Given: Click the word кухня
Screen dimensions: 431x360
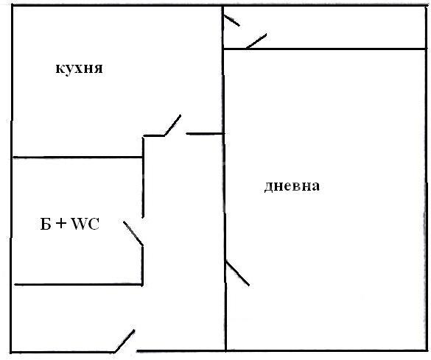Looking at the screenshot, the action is pos(79,68).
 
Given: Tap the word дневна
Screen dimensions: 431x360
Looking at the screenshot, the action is pos(292,186).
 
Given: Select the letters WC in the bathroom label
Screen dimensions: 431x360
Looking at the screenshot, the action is pos(85,224).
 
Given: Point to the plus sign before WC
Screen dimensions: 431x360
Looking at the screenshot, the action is pos(61,224).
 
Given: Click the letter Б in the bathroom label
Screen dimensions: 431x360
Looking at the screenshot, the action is pos(46,224).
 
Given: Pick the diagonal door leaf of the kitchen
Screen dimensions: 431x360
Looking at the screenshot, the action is pos(172,125).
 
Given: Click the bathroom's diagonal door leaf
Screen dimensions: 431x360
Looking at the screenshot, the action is pos(133,233).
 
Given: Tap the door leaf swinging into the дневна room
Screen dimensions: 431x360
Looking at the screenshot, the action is pos(237,274).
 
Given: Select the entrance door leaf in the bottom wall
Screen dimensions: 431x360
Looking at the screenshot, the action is pos(125,341).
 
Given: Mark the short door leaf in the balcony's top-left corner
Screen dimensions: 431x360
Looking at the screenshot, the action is pos(232,21).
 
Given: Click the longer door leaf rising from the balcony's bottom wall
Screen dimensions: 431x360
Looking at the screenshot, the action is pos(256,41).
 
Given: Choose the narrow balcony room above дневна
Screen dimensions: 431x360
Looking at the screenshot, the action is pos(324,27).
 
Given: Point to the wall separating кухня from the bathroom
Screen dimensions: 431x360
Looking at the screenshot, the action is pos(77,158).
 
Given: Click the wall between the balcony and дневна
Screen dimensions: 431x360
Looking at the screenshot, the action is pos(325,49).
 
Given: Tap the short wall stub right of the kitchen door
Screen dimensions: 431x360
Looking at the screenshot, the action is pos(205,134).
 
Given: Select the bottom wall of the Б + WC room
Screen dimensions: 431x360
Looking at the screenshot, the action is pos(78,284).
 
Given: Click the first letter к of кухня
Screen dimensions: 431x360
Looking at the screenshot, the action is pos(60,68).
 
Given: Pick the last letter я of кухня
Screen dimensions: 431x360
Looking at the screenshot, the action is pos(99,68).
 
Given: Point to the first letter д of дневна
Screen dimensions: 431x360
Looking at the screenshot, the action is pos(268,187).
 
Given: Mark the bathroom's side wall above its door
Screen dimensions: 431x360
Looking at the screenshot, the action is pos(143,177).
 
